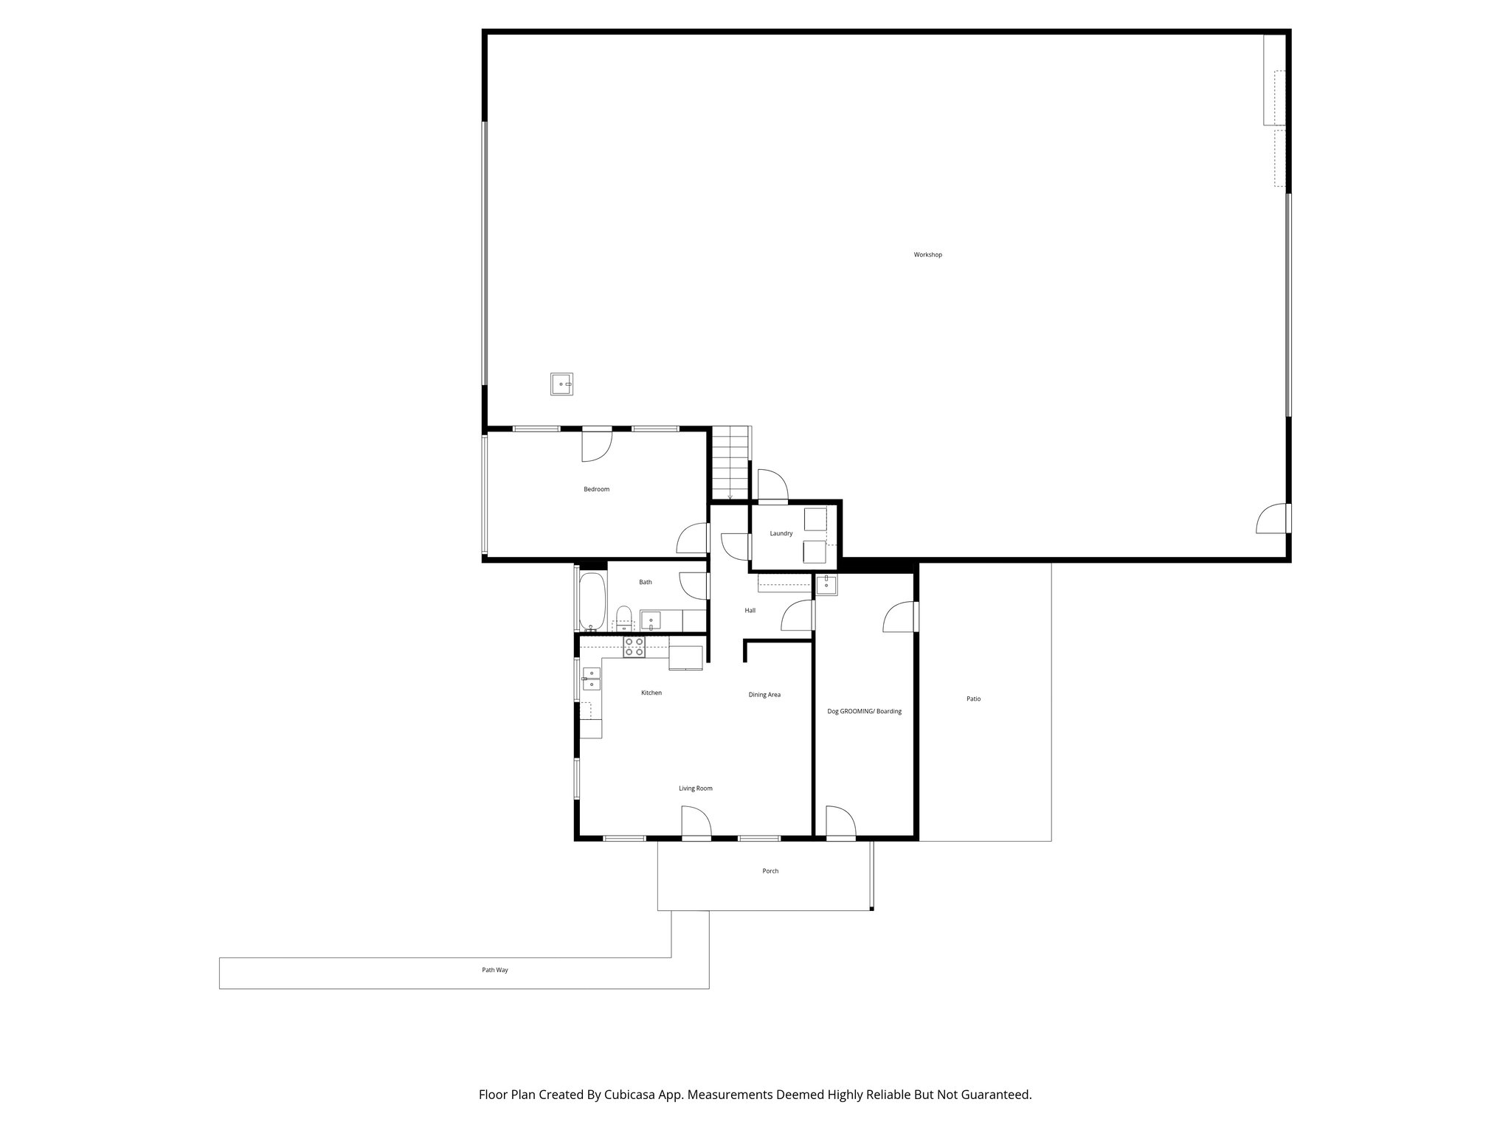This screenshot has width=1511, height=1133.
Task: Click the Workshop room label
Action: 927,254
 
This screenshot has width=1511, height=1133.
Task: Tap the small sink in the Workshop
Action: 561,384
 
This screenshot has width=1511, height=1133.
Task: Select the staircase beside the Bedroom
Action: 730,463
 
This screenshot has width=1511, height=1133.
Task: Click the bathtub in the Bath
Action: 592,601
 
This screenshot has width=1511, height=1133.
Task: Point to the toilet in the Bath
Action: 624,617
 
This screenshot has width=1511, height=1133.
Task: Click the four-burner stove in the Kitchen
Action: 634,648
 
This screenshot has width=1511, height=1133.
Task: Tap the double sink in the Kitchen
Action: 592,679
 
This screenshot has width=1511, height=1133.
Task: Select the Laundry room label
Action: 781,533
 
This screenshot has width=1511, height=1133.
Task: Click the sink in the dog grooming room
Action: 826,585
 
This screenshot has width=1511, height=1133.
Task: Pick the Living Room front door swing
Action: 695,822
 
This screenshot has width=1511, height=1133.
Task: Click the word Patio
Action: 973,699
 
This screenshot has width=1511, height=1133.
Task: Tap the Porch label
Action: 770,871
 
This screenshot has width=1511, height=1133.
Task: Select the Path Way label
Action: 495,970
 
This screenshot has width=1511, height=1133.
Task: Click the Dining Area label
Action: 764,695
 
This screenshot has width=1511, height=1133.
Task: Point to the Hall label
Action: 750,610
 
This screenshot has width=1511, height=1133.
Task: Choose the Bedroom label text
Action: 596,489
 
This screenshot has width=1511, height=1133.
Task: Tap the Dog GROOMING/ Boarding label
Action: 864,711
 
